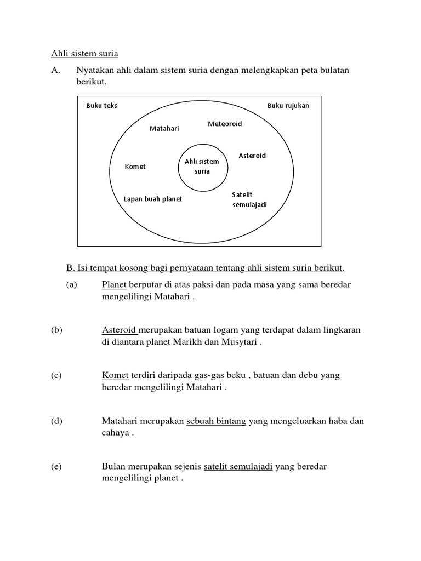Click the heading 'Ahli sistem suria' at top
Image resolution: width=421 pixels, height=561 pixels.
click(x=84, y=54)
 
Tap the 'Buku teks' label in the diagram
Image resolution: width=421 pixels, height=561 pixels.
click(x=101, y=106)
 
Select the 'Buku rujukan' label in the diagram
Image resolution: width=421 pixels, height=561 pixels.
click(x=288, y=106)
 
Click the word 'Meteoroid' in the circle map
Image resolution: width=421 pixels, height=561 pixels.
click(x=225, y=124)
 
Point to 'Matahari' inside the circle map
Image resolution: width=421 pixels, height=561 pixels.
click(x=164, y=129)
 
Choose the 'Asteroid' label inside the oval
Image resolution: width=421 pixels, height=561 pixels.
click(x=252, y=156)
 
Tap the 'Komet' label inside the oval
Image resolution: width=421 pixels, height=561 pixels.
click(x=135, y=167)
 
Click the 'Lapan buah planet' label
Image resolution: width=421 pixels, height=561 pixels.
click(x=153, y=199)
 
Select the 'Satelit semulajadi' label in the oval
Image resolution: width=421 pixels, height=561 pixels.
click(x=249, y=200)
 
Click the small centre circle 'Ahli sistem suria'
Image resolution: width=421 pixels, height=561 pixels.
click(x=202, y=166)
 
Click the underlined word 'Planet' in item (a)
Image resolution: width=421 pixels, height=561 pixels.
click(x=114, y=285)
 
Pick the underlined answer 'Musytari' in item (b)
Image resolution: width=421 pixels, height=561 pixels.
click(x=239, y=343)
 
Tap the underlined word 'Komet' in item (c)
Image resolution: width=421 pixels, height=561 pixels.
click(x=115, y=375)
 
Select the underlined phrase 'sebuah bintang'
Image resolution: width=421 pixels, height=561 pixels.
click(x=217, y=421)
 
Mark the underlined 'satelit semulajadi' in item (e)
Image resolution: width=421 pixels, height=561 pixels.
click(x=238, y=467)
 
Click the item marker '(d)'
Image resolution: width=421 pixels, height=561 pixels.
click(x=57, y=421)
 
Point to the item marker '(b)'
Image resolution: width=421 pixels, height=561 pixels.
click(x=57, y=330)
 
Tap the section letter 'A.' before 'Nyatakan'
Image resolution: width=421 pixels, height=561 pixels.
click(x=55, y=70)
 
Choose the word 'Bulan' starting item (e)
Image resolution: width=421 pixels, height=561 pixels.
click(x=113, y=467)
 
